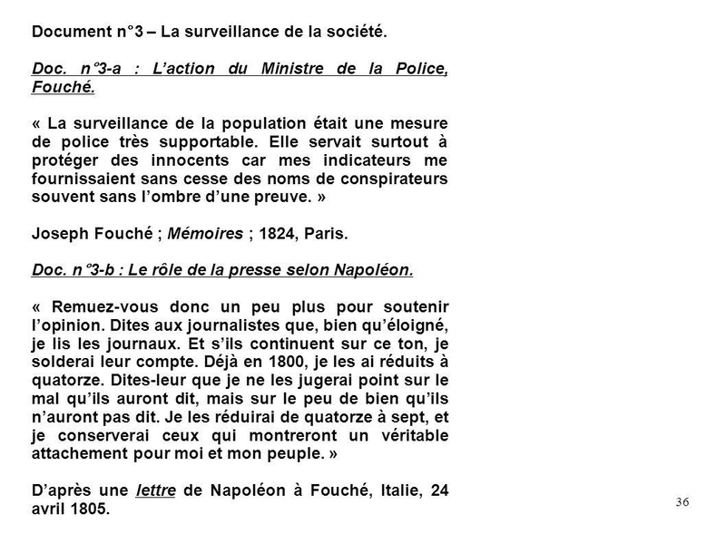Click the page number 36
pos(682,502)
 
